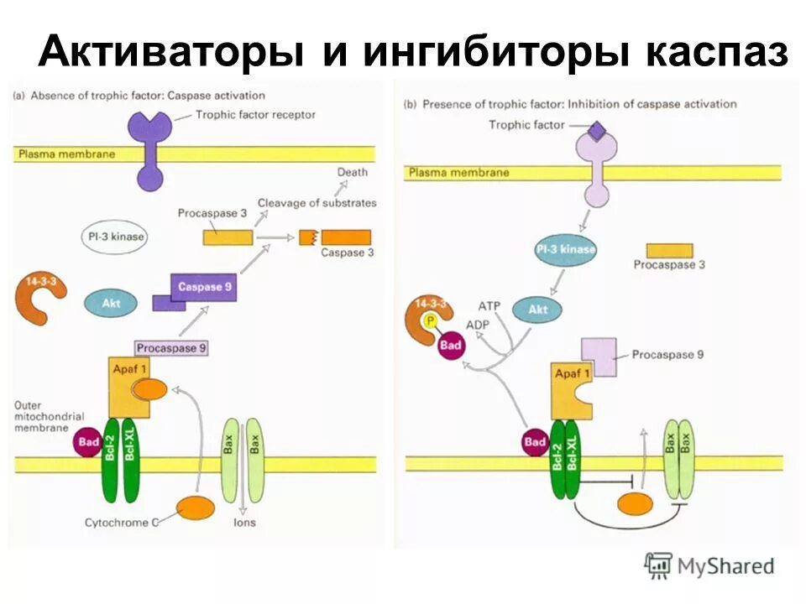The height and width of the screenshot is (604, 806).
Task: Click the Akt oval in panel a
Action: (x=111, y=303)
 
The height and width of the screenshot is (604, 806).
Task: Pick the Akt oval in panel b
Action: (x=537, y=309)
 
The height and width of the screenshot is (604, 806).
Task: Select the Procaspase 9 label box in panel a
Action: (x=170, y=347)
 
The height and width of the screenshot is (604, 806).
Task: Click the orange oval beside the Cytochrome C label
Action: (x=195, y=508)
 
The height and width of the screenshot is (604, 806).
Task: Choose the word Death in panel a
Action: (x=353, y=172)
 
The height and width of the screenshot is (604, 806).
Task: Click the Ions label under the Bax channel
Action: (x=245, y=523)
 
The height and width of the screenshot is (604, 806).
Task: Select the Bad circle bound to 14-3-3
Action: (x=451, y=345)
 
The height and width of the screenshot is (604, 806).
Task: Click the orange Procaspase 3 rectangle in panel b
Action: (x=669, y=250)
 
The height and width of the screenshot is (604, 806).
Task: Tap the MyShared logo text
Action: (x=725, y=566)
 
